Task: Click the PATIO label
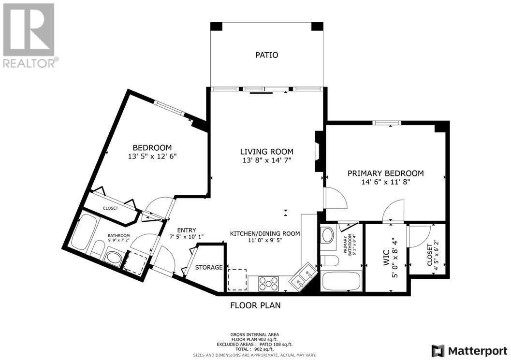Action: [x=266, y=55]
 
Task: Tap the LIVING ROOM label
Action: [x=266, y=152]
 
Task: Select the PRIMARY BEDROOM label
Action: [x=385, y=173]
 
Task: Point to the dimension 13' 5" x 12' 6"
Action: [x=152, y=157]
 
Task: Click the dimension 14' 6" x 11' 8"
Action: [x=385, y=182]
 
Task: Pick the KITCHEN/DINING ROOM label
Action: [x=265, y=233]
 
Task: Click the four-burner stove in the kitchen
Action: [x=268, y=284]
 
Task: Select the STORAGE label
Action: [x=209, y=268]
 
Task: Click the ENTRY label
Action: [x=187, y=230]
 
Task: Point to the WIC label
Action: [x=386, y=258]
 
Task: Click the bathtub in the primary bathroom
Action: [x=341, y=281]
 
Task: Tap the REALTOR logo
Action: [x=29, y=35]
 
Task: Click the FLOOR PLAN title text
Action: [x=255, y=305]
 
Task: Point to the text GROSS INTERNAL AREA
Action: [x=255, y=334]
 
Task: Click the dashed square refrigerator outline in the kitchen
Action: [x=237, y=280]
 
